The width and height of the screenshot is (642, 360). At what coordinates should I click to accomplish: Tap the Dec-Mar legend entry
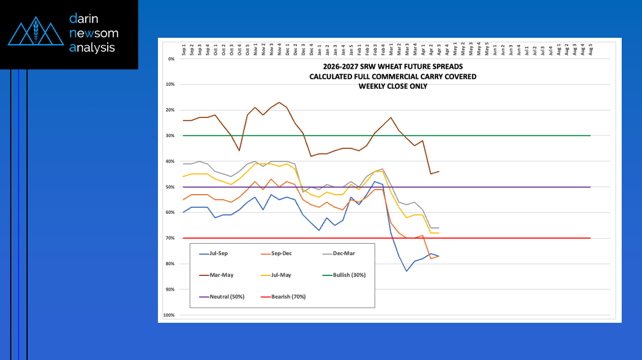[x=345, y=254]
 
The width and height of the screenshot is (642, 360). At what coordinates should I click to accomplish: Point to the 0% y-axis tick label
[x=171, y=59]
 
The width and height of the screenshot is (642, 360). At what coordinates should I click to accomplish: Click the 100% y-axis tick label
[x=169, y=315]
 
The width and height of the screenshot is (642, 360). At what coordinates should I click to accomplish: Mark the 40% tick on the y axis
[x=170, y=161]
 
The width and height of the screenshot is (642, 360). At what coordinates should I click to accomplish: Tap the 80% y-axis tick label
[x=170, y=264]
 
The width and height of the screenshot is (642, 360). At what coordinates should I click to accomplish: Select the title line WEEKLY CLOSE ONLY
[x=393, y=86]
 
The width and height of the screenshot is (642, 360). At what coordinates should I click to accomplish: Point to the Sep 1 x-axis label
[x=184, y=49]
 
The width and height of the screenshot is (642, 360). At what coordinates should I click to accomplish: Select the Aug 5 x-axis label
[x=590, y=49]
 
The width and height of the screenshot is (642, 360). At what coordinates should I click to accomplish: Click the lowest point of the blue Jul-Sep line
[x=406, y=271]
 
